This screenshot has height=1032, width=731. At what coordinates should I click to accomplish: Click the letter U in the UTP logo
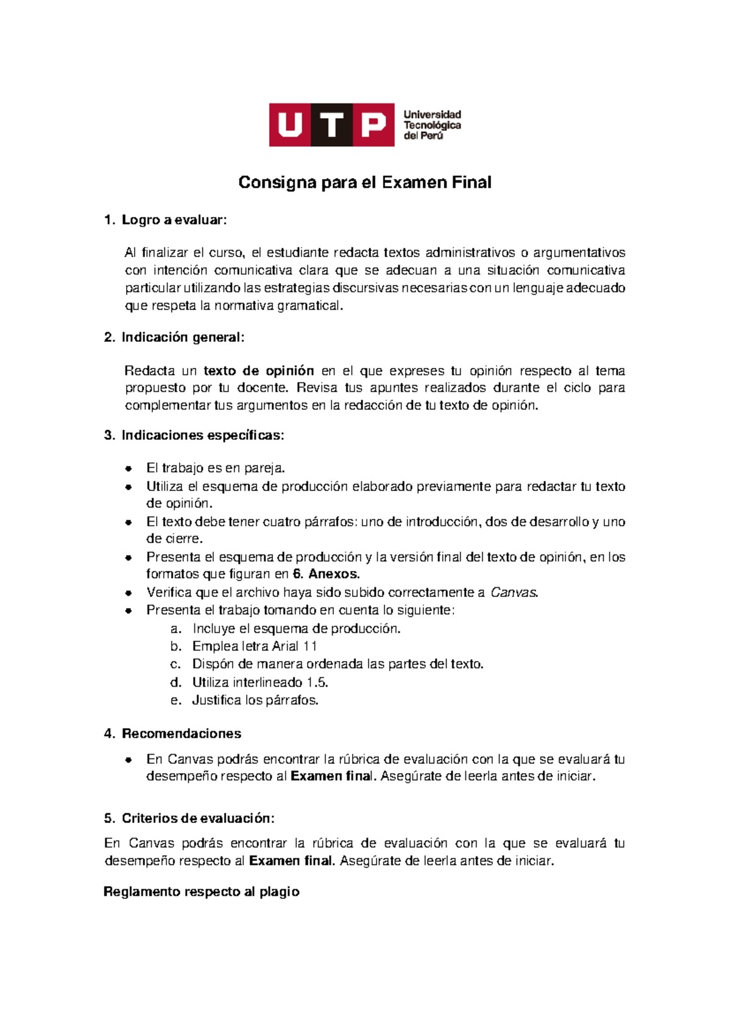[290, 125]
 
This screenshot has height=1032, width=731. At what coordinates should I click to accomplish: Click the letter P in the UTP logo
[373, 125]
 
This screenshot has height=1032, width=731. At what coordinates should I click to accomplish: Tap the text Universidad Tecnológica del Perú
[432, 125]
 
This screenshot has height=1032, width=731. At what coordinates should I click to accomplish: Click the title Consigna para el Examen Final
[364, 182]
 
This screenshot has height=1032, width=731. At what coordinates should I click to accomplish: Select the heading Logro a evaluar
[174, 220]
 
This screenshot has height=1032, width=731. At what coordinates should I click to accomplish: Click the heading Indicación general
[183, 338]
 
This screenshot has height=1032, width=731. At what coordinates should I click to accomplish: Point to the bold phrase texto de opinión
[258, 370]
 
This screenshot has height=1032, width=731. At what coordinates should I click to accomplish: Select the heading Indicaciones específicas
[202, 435]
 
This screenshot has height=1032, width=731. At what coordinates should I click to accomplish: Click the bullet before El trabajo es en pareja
[129, 468]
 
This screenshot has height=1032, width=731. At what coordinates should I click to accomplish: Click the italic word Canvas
[514, 592]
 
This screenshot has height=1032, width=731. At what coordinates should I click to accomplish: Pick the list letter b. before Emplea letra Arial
[176, 646]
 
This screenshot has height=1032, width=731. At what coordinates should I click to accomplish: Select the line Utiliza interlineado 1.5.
[260, 682]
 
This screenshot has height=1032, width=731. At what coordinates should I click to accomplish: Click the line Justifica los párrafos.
[255, 700]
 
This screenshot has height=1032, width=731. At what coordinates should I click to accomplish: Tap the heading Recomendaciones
[182, 733]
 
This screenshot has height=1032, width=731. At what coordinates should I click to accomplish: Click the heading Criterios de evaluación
[197, 818]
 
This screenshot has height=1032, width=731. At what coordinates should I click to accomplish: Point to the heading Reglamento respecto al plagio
[201, 892]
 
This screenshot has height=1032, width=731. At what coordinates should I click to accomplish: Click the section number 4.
[109, 733]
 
